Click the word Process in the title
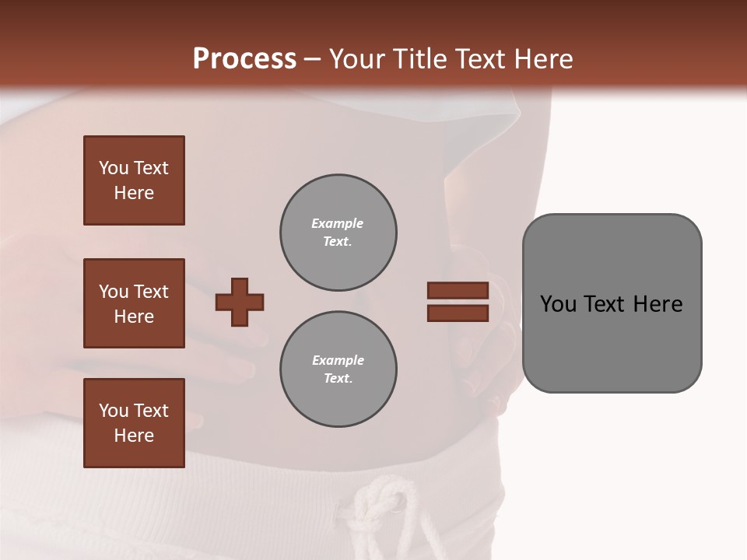[244, 59]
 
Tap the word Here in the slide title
[539, 59]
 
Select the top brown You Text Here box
[134, 180]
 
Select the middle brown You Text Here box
[134, 303]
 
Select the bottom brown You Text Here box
[134, 423]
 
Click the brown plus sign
[240, 302]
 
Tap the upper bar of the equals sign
[458, 290]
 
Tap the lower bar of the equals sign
[458, 313]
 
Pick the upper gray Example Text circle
[338, 233]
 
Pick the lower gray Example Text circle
[338, 369]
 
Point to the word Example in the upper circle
[338, 223]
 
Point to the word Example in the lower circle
[338, 360]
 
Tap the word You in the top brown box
[114, 168]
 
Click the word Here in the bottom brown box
[134, 436]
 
